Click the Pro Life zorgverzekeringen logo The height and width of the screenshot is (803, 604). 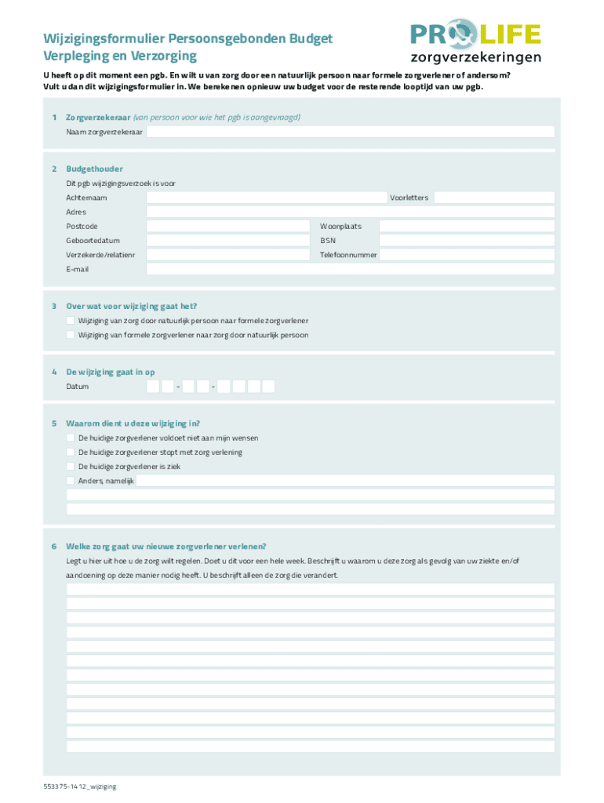tap(475, 43)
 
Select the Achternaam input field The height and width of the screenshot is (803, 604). tap(267, 198)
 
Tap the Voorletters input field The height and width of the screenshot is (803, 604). tap(494, 198)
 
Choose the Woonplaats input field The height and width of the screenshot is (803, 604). tap(467, 226)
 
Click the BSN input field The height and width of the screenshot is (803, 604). tap(467, 241)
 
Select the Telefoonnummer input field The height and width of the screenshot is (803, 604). tap(467, 255)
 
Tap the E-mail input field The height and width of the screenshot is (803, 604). tap(350, 269)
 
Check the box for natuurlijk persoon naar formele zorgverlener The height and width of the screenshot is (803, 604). tap(71, 321)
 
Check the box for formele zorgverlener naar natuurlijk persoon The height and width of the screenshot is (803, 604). tap(71, 335)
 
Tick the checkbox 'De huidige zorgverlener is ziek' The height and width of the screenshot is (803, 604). tap(71, 466)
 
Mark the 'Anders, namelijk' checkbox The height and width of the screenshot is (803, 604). tap(71, 480)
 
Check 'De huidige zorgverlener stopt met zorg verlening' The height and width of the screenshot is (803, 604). tap(71, 452)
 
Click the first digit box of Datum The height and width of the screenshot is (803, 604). tap(153, 387)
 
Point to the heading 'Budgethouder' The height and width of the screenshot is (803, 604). tap(94, 169)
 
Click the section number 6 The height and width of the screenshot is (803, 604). tap(54, 547)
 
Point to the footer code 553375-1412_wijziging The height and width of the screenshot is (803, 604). tap(80, 786)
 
